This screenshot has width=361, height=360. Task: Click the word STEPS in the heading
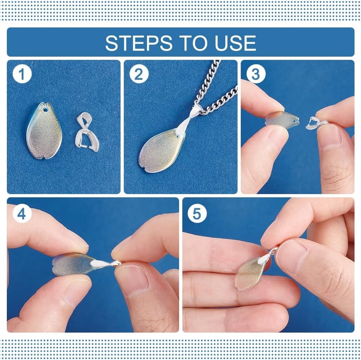(x=139, y=43)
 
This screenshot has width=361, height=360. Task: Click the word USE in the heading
(x=235, y=43)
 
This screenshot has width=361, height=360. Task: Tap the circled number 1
(x=22, y=74)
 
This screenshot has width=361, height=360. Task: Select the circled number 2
(x=139, y=74)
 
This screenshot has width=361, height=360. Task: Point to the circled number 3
(x=256, y=74)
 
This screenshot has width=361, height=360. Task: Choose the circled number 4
(x=22, y=214)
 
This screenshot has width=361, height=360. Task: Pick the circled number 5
(x=197, y=214)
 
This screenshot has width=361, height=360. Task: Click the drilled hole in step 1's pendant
(x=46, y=110)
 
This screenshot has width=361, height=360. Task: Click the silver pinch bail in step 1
(x=87, y=132)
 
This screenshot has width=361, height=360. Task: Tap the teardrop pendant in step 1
(x=44, y=131)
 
